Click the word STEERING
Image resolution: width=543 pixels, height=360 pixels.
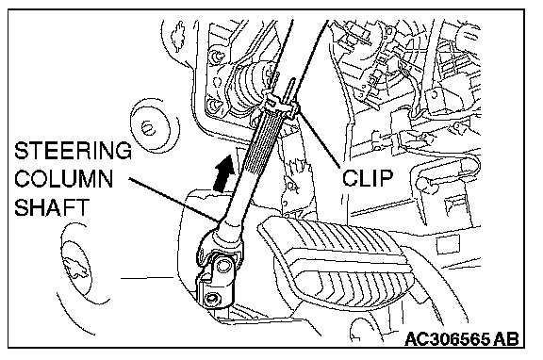tap(74, 150)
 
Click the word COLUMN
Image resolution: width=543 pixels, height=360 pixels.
tap(64, 179)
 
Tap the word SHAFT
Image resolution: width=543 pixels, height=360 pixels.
tap(52, 207)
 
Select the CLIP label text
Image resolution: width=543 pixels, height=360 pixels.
tap(368, 177)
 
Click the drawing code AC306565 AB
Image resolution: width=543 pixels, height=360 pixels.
tap(462, 339)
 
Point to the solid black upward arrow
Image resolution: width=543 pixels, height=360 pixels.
tap(223, 172)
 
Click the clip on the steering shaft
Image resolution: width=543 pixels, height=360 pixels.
tap(282, 103)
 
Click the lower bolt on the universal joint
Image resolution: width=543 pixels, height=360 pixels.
tap(211, 299)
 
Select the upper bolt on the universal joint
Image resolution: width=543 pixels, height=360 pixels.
tap(222, 266)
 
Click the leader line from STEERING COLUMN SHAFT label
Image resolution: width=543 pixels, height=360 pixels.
tap(173, 199)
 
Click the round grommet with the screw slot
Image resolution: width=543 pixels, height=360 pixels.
tap(150, 128)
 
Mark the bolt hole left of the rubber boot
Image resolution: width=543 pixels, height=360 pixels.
tap(213, 105)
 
